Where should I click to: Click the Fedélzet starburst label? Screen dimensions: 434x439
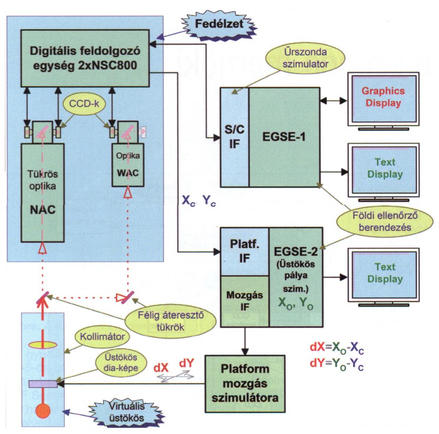pyautogui.click(x=218, y=24)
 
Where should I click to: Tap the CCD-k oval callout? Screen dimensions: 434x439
pyautogui.click(x=84, y=104)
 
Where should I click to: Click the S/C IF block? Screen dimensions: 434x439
pyautogui.click(x=234, y=137)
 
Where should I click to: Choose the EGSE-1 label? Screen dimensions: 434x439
pyautogui.click(x=284, y=137)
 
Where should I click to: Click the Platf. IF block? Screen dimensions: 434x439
pyautogui.click(x=244, y=251)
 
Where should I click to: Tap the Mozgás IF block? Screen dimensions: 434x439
pyautogui.click(x=244, y=301)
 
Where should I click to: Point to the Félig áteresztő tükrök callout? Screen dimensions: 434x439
pyautogui.click(x=170, y=321)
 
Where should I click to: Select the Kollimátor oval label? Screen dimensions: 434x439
pyautogui.click(x=102, y=336)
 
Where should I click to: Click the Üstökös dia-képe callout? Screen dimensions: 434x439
pyautogui.click(x=121, y=363)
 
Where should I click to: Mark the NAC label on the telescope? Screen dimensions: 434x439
pyautogui.click(x=43, y=210)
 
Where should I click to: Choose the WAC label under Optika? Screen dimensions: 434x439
pyautogui.click(x=128, y=173)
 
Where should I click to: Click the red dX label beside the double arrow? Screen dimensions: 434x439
pyautogui.click(x=161, y=368)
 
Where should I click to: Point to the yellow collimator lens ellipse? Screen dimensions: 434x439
pyautogui.click(x=43, y=344)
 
